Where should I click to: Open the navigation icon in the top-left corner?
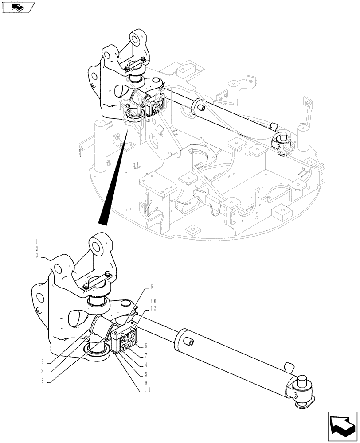point(18,7)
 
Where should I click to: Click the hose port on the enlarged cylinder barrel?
point(188,342)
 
